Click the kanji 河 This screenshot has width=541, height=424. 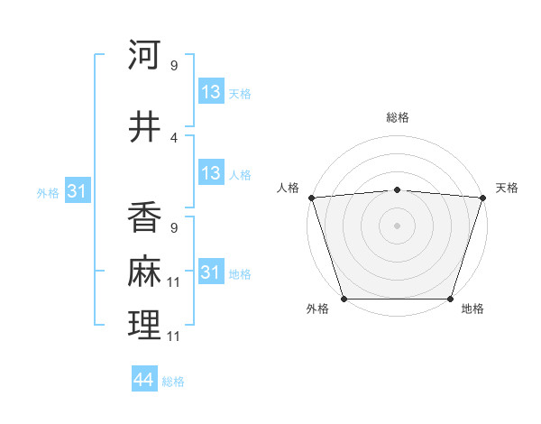[x=144, y=55]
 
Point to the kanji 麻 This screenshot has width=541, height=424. [x=144, y=272]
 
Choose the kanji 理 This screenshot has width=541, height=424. [x=144, y=324]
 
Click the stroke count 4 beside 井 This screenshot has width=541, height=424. [x=174, y=138]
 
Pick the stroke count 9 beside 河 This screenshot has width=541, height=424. [x=173, y=66]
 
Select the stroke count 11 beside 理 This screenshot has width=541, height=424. [x=175, y=336]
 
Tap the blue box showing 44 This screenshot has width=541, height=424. [x=143, y=380]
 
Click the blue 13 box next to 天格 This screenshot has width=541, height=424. [x=210, y=92]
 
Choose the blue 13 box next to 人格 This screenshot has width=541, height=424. [x=210, y=174]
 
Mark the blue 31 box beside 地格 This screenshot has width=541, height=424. [x=210, y=272]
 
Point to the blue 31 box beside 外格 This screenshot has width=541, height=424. [x=77, y=191]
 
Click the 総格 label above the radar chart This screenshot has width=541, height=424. [x=398, y=117]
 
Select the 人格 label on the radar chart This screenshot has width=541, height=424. [x=289, y=188]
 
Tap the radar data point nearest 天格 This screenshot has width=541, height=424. [x=482, y=198]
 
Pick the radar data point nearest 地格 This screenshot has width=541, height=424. [x=450, y=298]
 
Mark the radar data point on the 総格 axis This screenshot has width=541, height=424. [x=397, y=189]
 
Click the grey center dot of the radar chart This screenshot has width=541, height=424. [x=397, y=225]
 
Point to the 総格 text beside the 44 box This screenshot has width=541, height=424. [x=173, y=382]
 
